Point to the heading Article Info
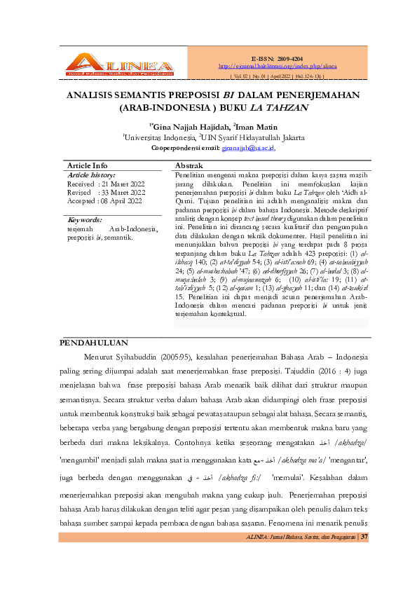[x=87, y=165]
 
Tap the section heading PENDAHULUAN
[x=93, y=343]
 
